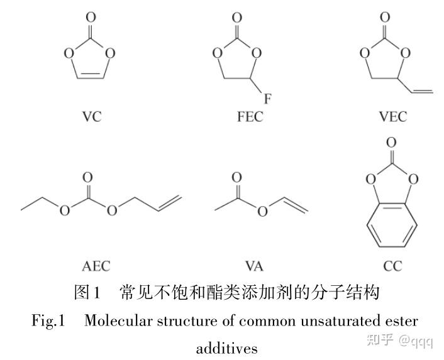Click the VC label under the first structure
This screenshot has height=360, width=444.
tap(92, 116)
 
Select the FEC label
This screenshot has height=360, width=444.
tap(250, 116)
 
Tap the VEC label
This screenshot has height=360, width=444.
tap(393, 116)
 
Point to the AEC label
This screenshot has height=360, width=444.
tap(96, 266)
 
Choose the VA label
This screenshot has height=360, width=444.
tap(254, 266)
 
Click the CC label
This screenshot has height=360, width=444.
tap(392, 266)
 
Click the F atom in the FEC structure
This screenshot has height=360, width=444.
tap(267, 99)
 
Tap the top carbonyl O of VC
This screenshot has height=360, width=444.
tap(91, 18)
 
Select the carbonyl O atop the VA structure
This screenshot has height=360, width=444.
tap(237, 178)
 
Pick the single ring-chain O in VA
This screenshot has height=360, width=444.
tap(262, 210)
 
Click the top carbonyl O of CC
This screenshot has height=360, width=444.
tap(391, 143)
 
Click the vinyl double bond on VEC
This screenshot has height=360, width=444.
tap(422, 90)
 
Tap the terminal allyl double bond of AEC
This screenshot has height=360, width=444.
tap(170, 202)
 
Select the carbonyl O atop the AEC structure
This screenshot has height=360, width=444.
tap(87, 178)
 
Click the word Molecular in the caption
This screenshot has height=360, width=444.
tap(118, 321)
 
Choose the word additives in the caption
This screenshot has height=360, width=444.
tap(227, 348)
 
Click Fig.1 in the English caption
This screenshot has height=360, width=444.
tap(48, 321)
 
